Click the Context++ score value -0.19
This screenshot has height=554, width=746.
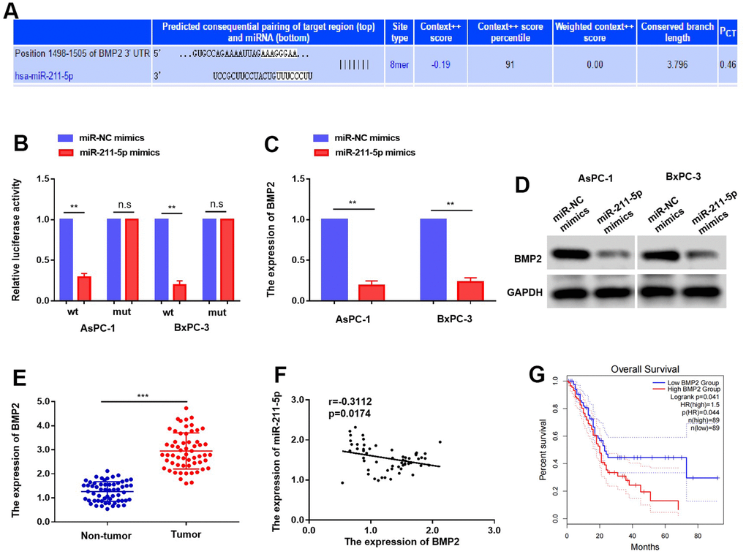coord(439,64)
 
